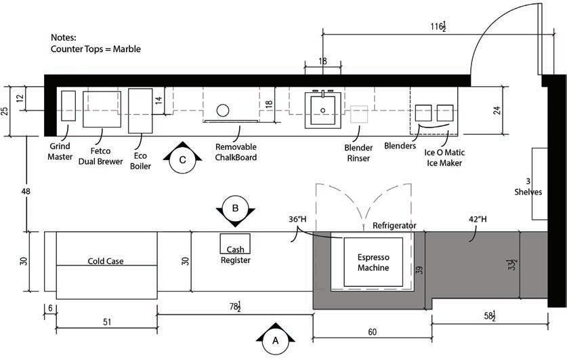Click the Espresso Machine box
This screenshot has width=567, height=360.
click(x=373, y=262)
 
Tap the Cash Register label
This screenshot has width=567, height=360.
click(x=236, y=255)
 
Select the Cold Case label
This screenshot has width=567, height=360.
click(x=106, y=261)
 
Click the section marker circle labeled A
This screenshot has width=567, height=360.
click(x=276, y=341)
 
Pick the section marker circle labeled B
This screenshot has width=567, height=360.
click(x=236, y=209)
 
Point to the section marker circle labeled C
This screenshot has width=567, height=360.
click(x=183, y=160)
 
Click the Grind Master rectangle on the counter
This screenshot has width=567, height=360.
click(x=68, y=106)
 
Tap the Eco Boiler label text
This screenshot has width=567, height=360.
click(x=140, y=161)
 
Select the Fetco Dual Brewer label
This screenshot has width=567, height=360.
click(x=100, y=156)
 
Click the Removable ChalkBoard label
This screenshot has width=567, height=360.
click(x=236, y=152)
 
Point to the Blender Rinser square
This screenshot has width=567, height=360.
click(x=360, y=115)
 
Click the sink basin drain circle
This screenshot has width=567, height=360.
click(x=323, y=111)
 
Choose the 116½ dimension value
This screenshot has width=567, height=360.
click(x=438, y=26)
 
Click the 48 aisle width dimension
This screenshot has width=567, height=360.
click(x=26, y=191)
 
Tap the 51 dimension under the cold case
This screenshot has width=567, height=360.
click(x=107, y=322)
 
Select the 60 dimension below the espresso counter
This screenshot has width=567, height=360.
click(x=373, y=332)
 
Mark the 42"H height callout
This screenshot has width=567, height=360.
click(x=478, y=219)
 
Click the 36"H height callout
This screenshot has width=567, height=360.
click(x=297, y=219)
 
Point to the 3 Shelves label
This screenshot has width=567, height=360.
click(x=528, y=186)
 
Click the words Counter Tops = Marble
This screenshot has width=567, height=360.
click(x=96, y=49)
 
